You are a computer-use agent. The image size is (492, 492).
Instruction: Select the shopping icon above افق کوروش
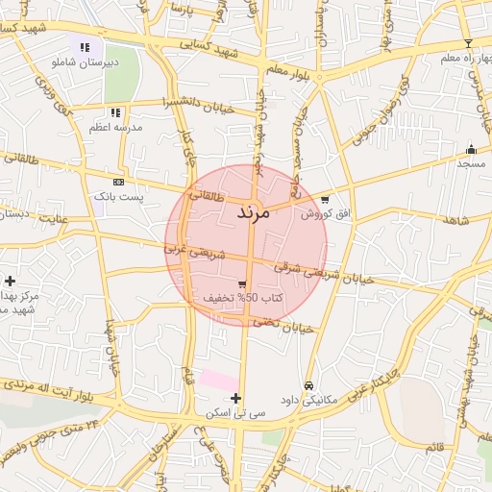click(325, 200)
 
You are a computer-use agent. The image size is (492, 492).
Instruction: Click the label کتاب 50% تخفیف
click(242, 298)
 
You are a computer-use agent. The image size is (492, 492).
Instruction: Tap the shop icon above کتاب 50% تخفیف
click(242, 284)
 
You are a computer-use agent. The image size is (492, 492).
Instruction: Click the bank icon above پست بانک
click(118, 182)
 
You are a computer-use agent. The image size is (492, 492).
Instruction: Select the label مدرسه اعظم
click(115, 127)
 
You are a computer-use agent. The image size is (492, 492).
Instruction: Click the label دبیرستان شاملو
click(84, 61)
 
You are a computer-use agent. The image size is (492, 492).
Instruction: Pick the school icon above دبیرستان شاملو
click(85, 46)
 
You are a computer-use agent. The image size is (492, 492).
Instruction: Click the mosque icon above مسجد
click(471, 149)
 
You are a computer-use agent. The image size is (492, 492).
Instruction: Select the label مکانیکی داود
click(307, 400)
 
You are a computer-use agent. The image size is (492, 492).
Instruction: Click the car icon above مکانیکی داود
click(307, 386)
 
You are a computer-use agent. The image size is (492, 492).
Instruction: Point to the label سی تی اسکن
click(236, 412)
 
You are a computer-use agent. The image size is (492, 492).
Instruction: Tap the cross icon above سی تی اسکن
click(236, 398)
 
